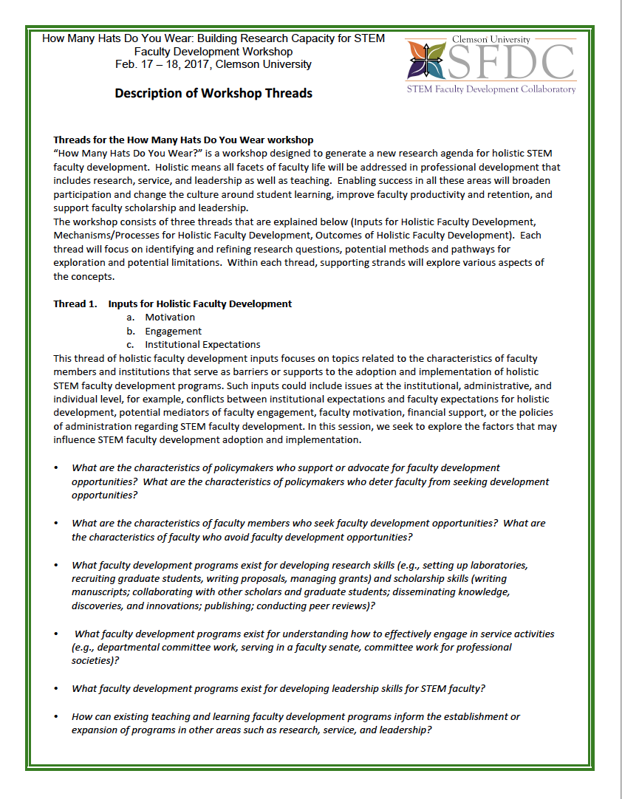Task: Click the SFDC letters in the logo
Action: pos(511,63)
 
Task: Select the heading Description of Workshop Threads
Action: pos(213,93)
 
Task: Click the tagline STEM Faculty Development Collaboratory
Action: pos(491,89)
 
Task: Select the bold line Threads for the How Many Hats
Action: pos(183,140)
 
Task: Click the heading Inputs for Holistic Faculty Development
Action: pos(199,304)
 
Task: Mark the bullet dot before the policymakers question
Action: pos(56,468)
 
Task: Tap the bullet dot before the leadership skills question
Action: pos(56,689)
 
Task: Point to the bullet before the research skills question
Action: pos(56,565)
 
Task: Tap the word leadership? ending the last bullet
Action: pos(404,730)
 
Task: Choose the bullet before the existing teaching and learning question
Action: pos(56,717)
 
